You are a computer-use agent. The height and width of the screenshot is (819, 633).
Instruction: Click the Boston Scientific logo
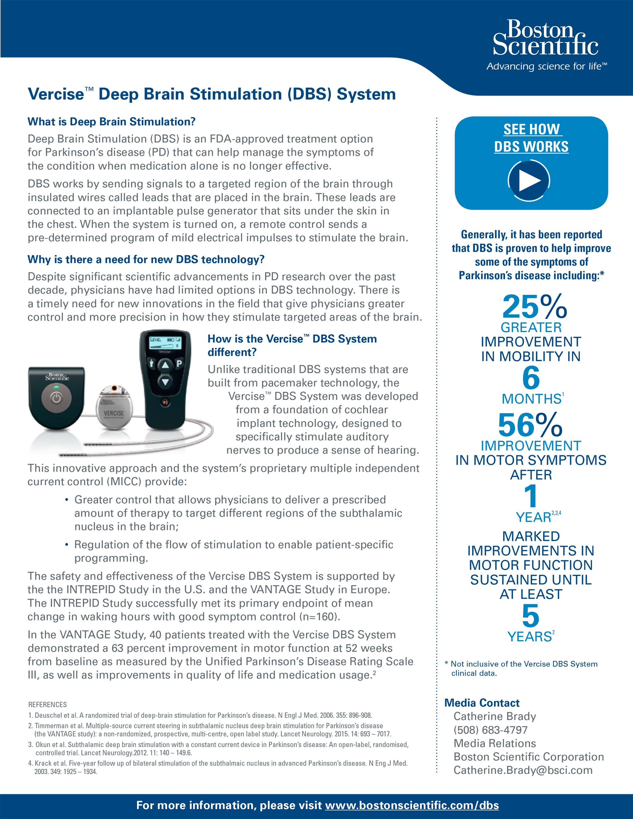[546, 44]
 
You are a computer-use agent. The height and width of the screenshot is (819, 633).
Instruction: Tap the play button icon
[529, 181]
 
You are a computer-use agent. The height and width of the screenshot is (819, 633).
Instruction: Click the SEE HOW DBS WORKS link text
[531, 138]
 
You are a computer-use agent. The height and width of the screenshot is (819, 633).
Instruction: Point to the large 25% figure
[534, 306]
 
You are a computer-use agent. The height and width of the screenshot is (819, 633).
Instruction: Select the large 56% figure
[530, 425]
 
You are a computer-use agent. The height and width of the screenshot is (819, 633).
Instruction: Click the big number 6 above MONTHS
[531, 378]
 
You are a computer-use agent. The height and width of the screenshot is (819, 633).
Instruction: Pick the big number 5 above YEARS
[530, 616]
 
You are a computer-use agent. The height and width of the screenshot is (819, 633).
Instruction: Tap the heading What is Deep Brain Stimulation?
[111, 122]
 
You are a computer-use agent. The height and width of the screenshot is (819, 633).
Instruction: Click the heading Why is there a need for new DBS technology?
[146, 259]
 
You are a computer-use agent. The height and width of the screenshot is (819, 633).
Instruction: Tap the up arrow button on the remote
[165, 365]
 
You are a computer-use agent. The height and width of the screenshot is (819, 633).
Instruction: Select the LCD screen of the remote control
[165, 342]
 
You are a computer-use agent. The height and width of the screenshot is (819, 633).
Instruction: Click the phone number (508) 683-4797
[490, 730]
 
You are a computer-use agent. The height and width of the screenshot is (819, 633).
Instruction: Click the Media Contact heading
[482, 703]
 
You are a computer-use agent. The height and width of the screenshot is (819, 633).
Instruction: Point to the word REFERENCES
[48, 705]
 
